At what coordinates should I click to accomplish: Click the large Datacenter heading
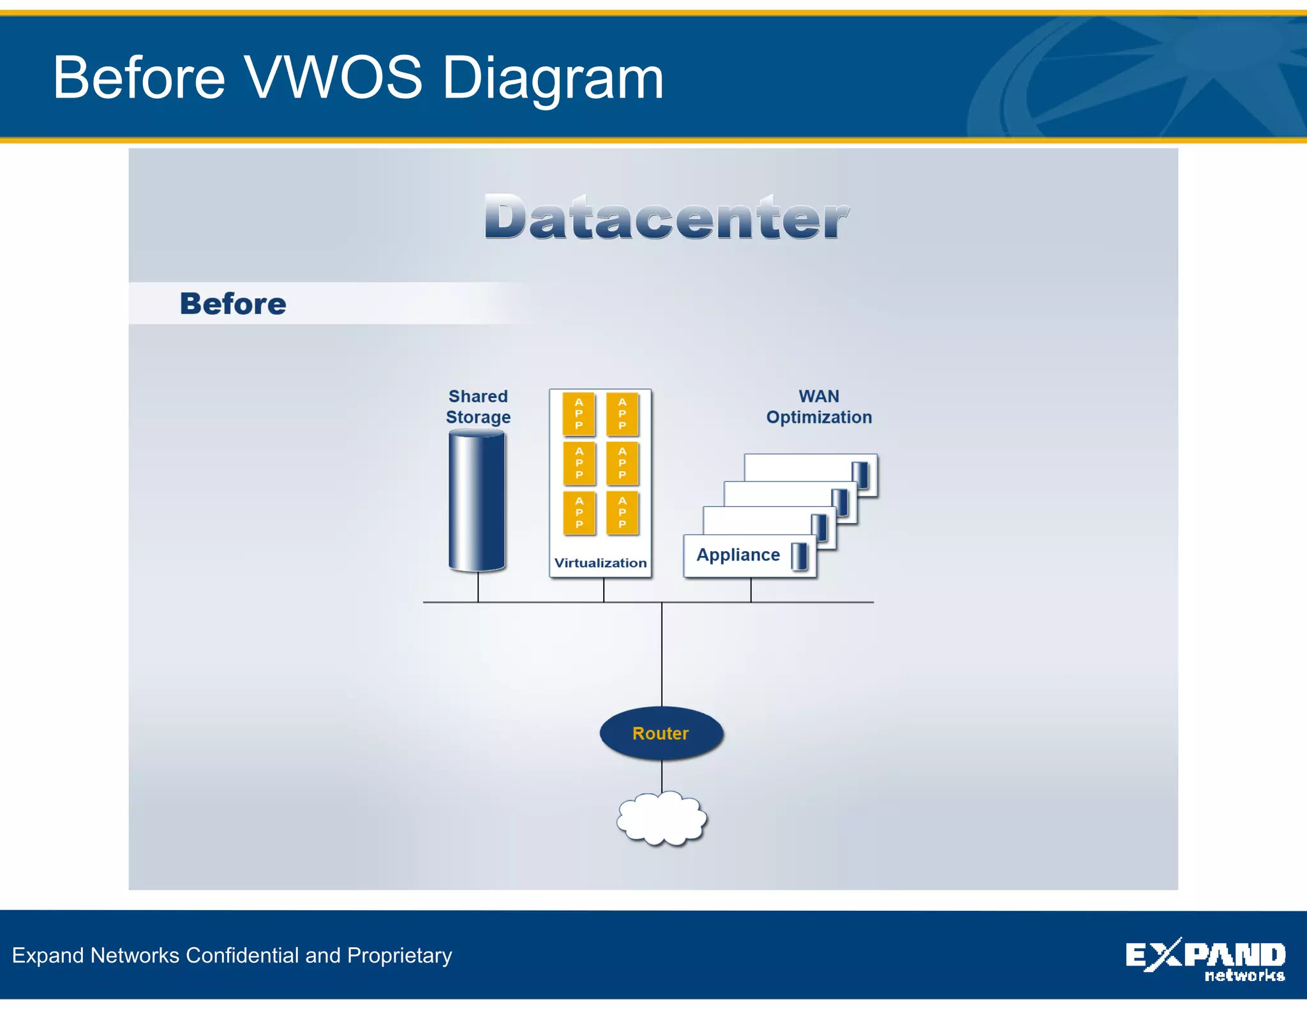click(666, 218)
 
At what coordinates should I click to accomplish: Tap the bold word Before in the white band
click(233, 304)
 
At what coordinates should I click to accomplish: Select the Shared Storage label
click(478, 406)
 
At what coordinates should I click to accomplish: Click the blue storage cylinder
click(477, 501)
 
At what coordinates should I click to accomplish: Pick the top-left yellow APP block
click(579, 413)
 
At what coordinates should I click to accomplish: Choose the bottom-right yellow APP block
click(622, 512)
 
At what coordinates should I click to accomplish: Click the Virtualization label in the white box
click(600, 563)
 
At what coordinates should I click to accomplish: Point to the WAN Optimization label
click(819, 406)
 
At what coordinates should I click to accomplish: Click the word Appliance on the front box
click(738, 555)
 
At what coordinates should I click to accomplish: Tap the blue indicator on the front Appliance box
click(799, 556)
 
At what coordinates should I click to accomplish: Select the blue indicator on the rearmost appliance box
click(860, 475)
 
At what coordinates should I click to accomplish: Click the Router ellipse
click(661, 733)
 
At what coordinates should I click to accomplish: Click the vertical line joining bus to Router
click(662, 654)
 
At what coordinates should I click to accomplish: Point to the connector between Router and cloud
click(662, 776)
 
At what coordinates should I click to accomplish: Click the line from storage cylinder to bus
click(478, 587)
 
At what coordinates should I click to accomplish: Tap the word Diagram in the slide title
click(553, 78)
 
